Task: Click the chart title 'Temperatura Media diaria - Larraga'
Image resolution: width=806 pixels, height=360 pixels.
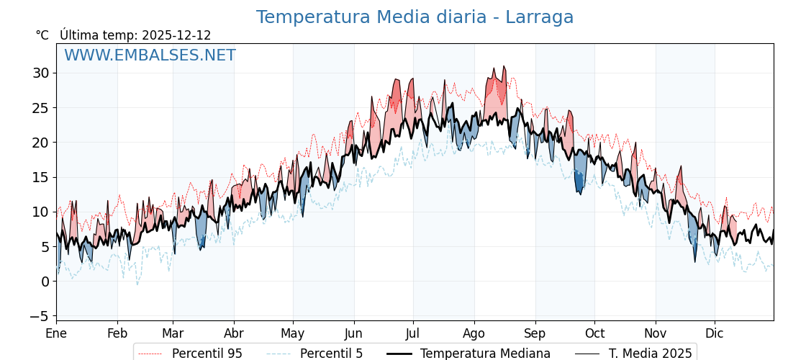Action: (415, 17)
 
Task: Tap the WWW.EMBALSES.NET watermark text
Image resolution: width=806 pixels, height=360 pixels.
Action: (150, 55)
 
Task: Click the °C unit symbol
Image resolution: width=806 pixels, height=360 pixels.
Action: (42, 35)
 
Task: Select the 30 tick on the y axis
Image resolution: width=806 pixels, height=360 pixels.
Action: (40, 73)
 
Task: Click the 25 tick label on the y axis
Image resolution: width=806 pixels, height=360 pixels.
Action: (40, 108)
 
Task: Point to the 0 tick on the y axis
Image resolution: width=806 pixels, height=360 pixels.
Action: (45, 282)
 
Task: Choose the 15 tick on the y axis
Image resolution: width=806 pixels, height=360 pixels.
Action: (40, 177)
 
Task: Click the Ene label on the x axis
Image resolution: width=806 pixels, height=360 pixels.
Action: (56, 333)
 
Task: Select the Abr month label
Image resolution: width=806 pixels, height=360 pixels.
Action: (234, 333)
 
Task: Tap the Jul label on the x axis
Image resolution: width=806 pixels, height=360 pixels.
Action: (413, 333)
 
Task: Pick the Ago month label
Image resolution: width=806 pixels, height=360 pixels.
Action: (474, 333)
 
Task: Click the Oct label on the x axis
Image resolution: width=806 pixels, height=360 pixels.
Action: (594, 333)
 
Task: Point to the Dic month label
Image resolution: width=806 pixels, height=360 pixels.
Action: (715, 333)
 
